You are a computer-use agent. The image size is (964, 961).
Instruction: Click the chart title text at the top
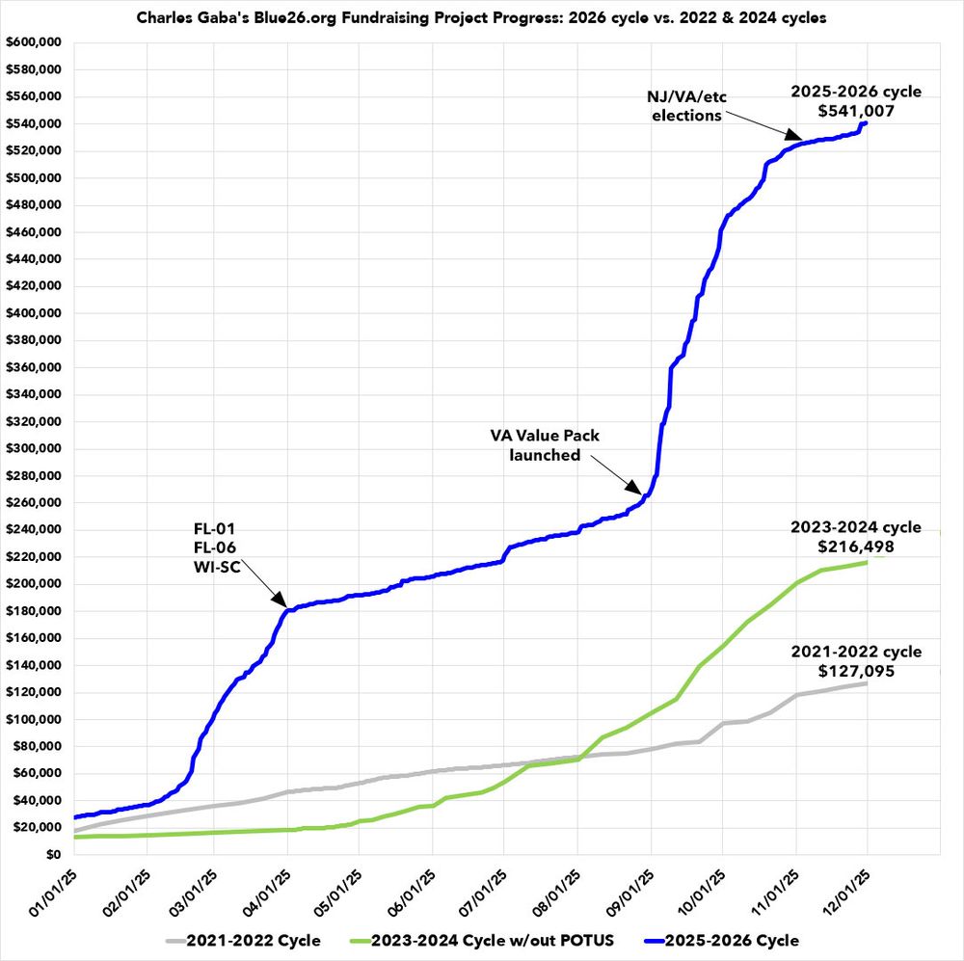[x=481, y=18]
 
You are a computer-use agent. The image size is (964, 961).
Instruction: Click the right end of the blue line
[x=866, y=123]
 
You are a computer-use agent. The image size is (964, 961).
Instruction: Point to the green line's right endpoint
[x=866, y=562]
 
